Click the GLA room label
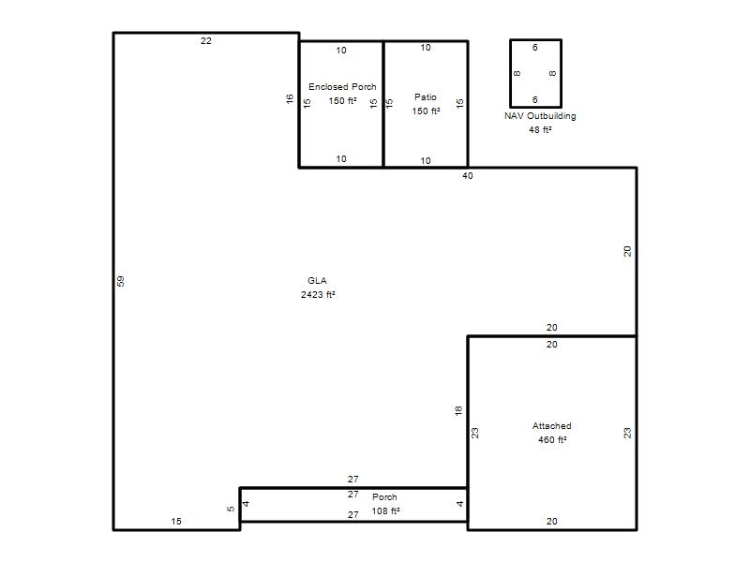[317, 280]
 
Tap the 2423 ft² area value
[318, 294]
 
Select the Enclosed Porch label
[342, 86]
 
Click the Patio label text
[426, 97]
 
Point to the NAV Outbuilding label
[540, 115]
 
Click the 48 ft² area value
[541, 130]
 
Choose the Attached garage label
[551, 426]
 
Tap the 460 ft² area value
[552, 439]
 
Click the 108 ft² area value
[385, 510]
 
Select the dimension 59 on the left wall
[121, 282]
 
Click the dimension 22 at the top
[205, 41]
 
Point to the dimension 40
[467, 176]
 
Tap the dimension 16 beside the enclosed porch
[290, 99]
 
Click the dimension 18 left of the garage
[458, 410]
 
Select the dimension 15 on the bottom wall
[176, 522]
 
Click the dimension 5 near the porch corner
[231, 509]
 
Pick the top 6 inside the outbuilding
[534, 48]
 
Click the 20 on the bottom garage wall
[551, 522]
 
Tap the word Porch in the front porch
[384, 497]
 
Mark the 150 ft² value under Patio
[427, 111]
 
